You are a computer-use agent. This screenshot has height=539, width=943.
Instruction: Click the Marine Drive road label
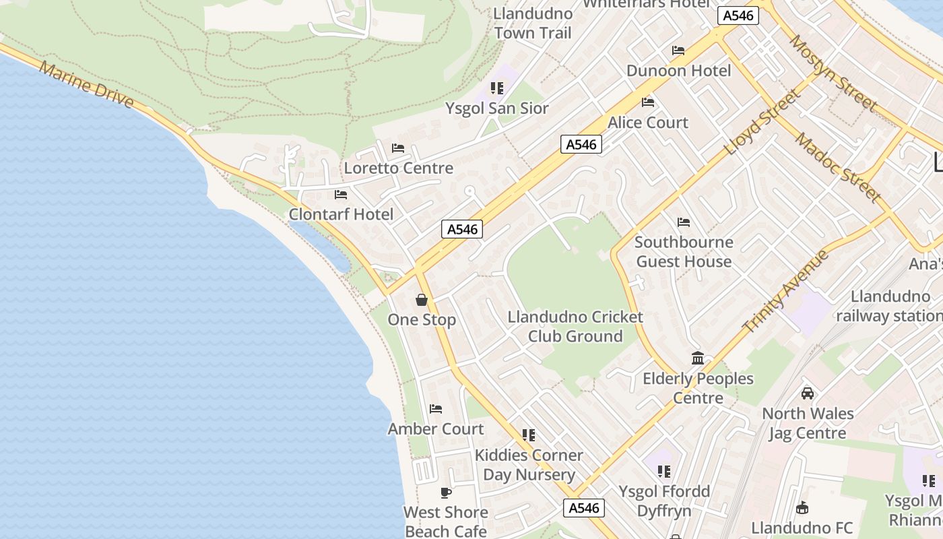click(x=87, y=86)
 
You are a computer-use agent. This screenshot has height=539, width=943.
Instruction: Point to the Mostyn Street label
click(x=833, y=73)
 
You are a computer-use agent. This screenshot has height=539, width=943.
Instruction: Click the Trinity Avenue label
click(x=785, y=291)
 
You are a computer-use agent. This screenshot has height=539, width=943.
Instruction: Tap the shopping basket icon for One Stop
click(x=422, y=299)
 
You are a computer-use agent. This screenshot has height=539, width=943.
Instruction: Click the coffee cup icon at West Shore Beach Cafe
click(x=445, y=493)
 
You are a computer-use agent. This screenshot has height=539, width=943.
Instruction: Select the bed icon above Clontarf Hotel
click(x=341, y=195)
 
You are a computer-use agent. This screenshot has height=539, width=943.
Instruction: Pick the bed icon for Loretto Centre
click(x=398, y=148)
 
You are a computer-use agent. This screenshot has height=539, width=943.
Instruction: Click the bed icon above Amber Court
click(x=436, y=408)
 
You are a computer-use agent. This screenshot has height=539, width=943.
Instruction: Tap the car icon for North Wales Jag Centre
click(x=807, y=393)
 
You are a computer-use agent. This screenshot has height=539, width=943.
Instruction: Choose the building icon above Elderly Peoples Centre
click(x=698, y=358)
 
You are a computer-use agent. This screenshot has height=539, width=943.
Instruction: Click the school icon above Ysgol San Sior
click(x=497, y=88)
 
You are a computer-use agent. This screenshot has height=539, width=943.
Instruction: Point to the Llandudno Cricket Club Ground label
click(x=575, y=327)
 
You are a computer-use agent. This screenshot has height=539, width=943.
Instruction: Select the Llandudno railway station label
click(x=889, y=306)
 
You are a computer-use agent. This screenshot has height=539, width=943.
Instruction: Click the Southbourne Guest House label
click(x=684, y=251)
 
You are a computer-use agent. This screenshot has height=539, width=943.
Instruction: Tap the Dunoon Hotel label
click(x=678, y=71)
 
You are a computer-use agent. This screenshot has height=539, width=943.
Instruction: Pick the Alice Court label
click(x=648, y=123)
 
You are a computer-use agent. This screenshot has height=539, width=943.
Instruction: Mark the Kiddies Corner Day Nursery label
click(x=529, y=465)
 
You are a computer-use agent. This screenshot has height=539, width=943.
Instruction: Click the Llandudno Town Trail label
click(x=533, y=23)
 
